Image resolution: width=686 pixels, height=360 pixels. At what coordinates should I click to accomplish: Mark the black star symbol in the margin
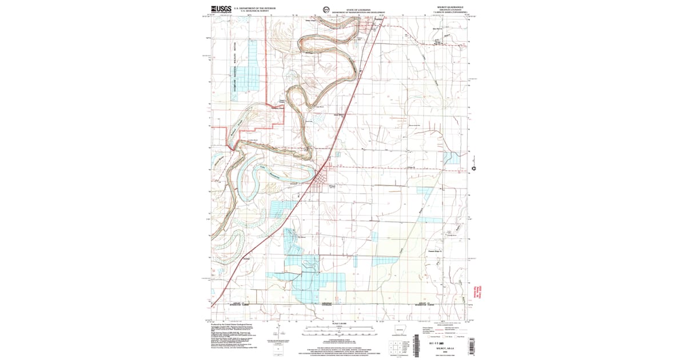[473, 168]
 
